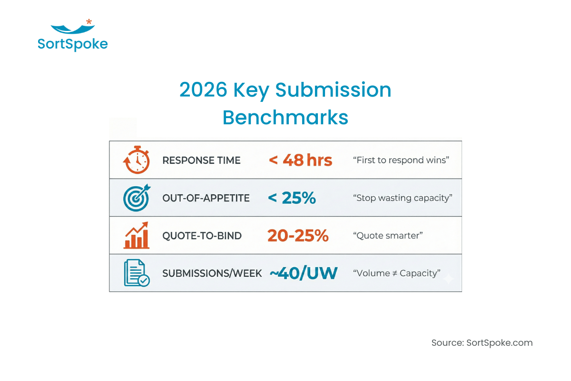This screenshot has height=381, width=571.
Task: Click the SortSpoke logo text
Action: click(72, 44)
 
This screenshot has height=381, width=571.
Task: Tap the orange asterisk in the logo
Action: click(89, 22)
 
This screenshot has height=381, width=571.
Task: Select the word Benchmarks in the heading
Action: click(285, 118)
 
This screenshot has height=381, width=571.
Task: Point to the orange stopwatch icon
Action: click(137, 160)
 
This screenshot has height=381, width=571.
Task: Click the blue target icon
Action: click(137, 198)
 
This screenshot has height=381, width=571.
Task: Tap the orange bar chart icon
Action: click(137, 235)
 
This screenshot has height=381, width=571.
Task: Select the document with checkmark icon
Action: click(137, 273)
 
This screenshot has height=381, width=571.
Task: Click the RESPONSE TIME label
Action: click(201, 160)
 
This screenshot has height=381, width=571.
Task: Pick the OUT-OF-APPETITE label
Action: click(206, 198)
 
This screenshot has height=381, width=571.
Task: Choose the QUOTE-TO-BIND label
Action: click(202, 236)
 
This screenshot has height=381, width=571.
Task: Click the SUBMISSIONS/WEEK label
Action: click(212, 273)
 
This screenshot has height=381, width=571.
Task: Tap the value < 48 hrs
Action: click(300, 160)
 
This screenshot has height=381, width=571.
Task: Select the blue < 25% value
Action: click(292, 198)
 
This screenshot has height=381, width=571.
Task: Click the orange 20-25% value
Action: click(298, 235)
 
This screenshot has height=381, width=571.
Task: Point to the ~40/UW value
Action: click(304, 273)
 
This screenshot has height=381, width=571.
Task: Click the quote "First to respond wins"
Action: click(401, 160)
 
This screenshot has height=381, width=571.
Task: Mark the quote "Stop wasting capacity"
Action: click(403, 198)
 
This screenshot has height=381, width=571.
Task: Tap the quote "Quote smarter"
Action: click(388, 235)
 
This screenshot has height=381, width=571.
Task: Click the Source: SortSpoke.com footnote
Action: click(482, 342)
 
